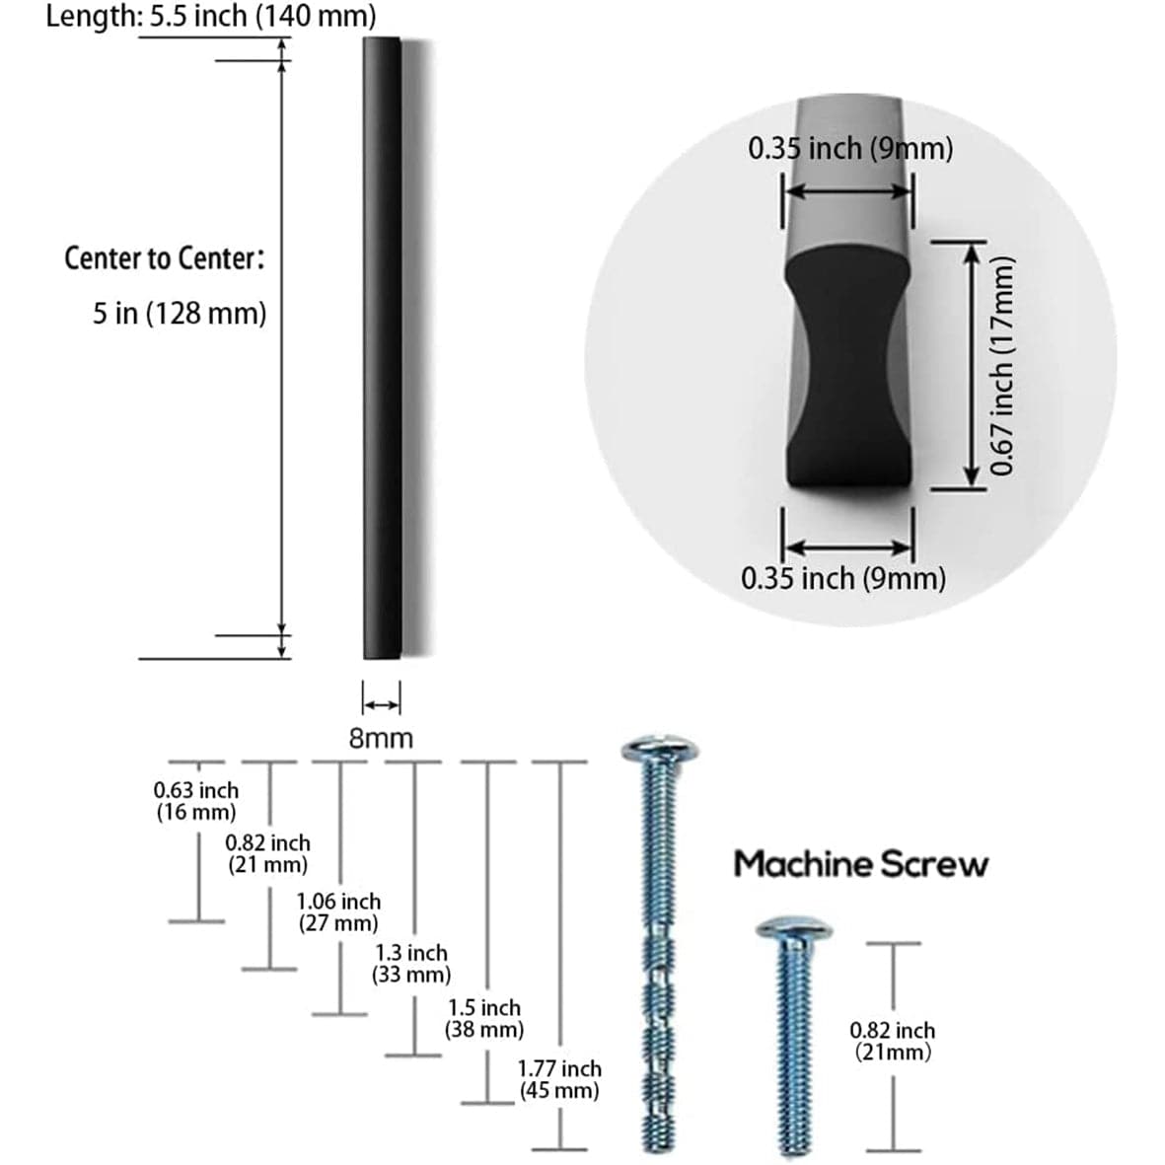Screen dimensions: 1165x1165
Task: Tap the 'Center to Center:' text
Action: [x=165, y=258]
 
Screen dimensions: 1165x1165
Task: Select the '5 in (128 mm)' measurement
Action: [x=180, y=314]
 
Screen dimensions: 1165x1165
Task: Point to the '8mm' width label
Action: [x=381, y=738]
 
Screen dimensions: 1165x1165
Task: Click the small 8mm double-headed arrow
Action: [x=382, y=704]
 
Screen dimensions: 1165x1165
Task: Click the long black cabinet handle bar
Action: [x=382, y=345]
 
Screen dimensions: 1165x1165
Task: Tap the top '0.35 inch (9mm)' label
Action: [x=850, y=149]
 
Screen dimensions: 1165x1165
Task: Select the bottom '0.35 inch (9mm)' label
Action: [x=843, y=578]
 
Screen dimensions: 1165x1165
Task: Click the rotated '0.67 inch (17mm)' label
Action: [x=1002, y=365]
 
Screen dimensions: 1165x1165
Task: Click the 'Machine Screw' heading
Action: [x=860, y=864]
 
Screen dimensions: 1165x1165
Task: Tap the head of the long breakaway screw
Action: [x=660, y=751]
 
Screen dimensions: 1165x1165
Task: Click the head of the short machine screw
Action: [x=793, y=929]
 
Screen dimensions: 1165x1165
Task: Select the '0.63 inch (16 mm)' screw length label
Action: [x=196, y=801]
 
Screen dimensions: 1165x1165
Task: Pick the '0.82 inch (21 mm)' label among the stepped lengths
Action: [x=267, y=853]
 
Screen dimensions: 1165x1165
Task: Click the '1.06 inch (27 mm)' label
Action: [x=338, y=911]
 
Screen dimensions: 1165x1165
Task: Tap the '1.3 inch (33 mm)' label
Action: [x=411, y=964]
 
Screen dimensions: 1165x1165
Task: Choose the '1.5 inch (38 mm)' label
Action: [x=484, y=1018]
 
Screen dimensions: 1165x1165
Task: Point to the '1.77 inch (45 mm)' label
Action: [x=559, y=1079]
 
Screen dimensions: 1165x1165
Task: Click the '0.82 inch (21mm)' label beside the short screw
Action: [x=893, y=1041]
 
